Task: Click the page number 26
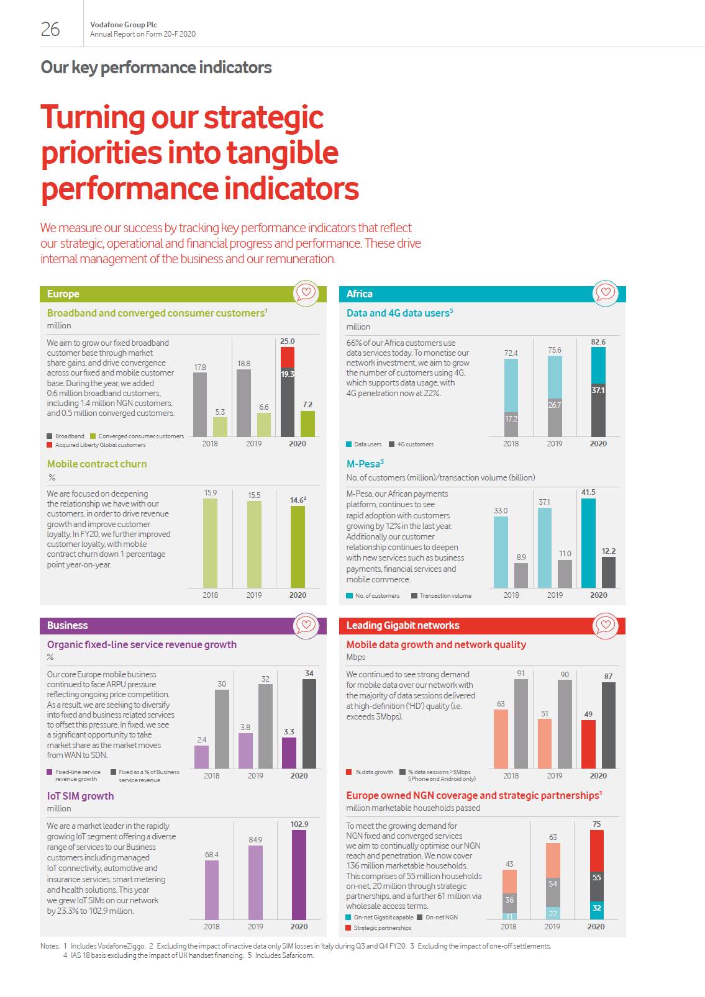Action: [50, 29]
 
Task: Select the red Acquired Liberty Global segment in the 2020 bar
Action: [287, 357]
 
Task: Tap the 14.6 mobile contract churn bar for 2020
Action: [298, 546]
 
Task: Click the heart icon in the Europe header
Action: [306, 292]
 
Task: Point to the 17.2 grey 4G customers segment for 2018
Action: [511, 425]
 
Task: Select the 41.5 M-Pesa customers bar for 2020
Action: [588, 543]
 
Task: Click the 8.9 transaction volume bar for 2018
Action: [521, 575]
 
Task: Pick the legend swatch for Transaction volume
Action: [414, 596]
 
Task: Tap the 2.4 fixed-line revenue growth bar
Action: [201, 757]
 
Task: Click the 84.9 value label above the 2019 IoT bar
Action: [255, 840]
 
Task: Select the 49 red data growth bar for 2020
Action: [588, 744]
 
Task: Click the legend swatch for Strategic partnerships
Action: [349, 928]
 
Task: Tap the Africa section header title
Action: [360, 294]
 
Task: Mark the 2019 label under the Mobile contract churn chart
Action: [254, 595]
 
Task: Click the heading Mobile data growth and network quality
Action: [436, 644]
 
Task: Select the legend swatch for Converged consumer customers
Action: [93, 436]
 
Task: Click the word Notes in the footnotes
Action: [49, 946]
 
